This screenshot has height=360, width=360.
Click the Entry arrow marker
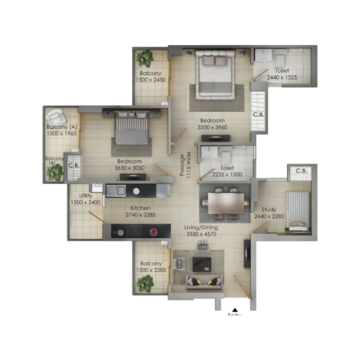235,309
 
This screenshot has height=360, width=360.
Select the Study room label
269,210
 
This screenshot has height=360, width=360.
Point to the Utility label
86,196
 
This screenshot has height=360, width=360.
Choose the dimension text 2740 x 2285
141,215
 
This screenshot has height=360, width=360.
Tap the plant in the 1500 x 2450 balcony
145,57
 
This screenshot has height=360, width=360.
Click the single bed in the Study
298,211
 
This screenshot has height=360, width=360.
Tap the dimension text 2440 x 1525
282,77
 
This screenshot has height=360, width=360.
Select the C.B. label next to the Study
301,171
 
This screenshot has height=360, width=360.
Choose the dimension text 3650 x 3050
129,168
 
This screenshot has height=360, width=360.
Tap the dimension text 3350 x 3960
212,127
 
